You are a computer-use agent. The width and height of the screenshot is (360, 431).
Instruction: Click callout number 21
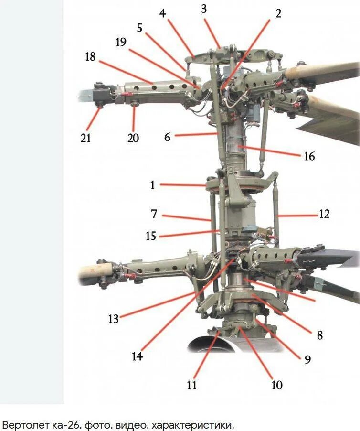[x=85, y=138]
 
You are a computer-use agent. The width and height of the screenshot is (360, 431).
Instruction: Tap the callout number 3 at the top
[x=204, y=9]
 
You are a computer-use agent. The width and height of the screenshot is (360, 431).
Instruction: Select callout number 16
[x=309, y=156]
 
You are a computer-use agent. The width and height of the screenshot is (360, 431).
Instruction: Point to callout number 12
[x=324, y=214]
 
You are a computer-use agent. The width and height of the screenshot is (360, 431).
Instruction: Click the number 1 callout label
[x=153, y=185]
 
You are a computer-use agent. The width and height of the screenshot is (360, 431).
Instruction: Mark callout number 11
[x=192, y=385]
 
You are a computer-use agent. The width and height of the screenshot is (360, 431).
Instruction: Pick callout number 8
[x=320, y=335]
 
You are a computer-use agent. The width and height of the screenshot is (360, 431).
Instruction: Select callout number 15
[x=151, y=236]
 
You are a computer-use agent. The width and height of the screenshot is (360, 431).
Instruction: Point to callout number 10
[x=277, y=385]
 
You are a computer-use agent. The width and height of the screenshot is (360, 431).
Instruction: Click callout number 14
[x=137, y=356]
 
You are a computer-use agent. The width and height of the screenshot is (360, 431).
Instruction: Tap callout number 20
[x=133, y=138]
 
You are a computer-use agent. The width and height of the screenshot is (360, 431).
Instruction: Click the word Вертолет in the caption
[x=22, y=424]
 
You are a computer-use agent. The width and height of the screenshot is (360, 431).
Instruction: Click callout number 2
[x=278, y=13]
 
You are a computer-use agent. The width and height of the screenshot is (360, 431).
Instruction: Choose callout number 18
[x=90, y=56]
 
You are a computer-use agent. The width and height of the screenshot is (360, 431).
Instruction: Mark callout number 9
[x=308, y=359]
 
